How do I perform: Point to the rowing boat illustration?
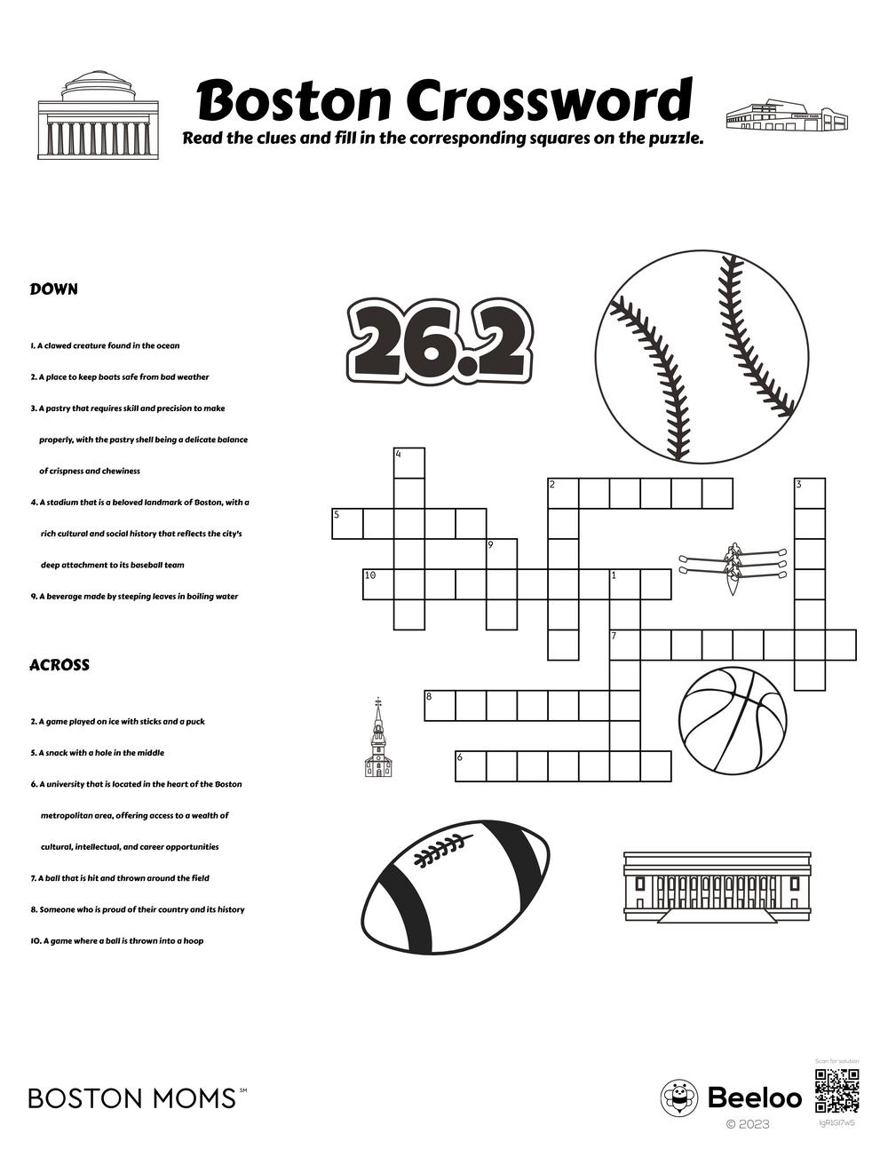733,567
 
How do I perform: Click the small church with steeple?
378,742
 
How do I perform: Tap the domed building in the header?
98,116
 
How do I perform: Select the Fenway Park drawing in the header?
787,115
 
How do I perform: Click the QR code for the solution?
836,1091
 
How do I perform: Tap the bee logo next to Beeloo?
679,1098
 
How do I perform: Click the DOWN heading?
54,289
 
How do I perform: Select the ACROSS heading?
59,665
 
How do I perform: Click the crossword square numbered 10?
378,584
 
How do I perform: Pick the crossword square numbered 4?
409,464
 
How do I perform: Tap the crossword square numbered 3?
809,494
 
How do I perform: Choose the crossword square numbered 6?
471,765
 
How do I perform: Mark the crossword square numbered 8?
440,705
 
